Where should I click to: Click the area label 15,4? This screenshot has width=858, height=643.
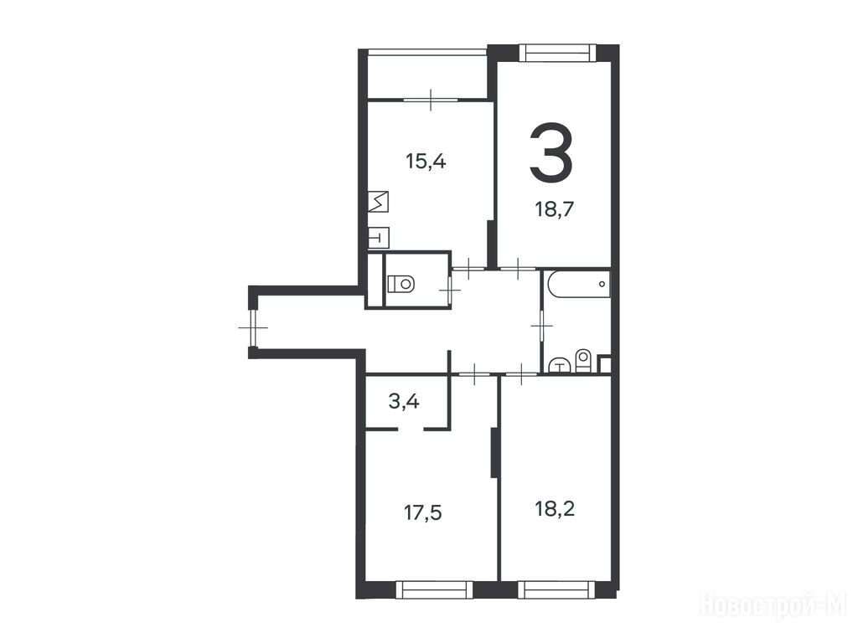[426, 162]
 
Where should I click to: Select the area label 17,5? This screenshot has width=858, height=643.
[423, 513]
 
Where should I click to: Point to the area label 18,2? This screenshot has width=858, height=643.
[555, 509]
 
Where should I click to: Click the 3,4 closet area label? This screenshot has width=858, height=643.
[404, 402]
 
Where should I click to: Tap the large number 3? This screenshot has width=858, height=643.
[551, 152]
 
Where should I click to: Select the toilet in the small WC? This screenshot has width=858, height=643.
[401, 284]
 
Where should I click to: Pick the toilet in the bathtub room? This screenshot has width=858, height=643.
[583, 361]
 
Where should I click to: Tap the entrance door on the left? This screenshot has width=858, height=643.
[253, 327]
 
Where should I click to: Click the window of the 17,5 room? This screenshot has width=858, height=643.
[434, 589]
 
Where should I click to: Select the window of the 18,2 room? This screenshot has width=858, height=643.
[556, 589]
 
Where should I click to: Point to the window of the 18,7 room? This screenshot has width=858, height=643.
[556, 53]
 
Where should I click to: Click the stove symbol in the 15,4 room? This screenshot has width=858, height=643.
[378, 202]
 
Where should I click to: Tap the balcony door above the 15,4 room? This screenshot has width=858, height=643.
[431, 100]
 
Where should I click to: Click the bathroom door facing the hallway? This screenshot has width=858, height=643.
[541, 326]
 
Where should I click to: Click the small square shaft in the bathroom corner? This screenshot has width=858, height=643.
[605, 364]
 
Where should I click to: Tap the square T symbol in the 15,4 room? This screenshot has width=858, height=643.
[378, 237]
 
